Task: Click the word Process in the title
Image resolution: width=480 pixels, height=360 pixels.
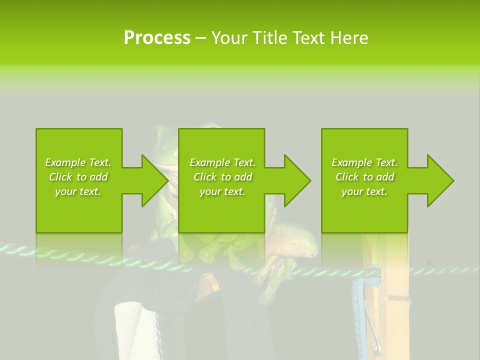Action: point(157,38)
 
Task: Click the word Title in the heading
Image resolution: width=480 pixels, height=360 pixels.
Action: point(269,38)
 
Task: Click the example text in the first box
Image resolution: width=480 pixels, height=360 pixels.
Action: point(78,177)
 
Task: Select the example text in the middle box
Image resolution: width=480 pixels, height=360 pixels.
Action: point(222,177)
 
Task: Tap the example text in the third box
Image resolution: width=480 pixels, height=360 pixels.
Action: point(364,177)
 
